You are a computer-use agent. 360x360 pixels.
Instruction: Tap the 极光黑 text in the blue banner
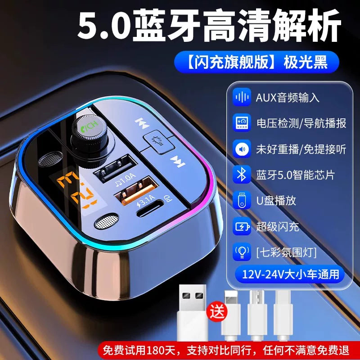(306, 62)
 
